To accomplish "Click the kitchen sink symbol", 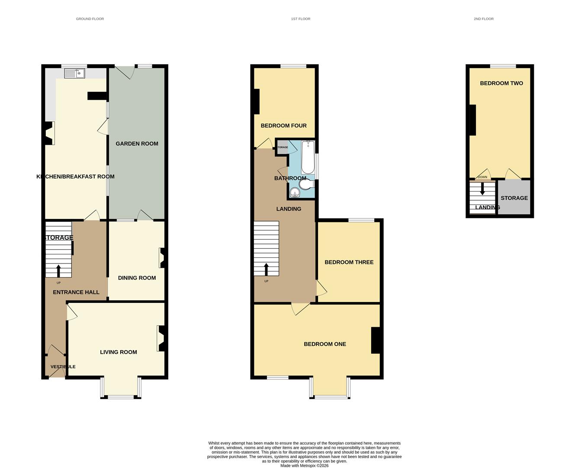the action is click(x=74, y=73).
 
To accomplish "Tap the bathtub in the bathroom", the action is click(x=308, y=157).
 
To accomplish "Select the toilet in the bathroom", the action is click(x=307, y=185).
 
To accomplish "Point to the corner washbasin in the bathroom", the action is click(x=295, y=193).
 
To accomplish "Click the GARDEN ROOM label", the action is click(x=137, y=143).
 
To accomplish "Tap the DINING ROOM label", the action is click(x=137, y=278).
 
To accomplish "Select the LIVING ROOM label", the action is click(x=119, y=352).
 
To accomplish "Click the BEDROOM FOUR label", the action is click(x=283, y=125).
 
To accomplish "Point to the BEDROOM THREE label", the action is click(x=349, y=262).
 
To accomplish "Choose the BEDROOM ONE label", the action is click(x=325, y=344).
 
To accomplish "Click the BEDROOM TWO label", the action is click(x=501, y=83).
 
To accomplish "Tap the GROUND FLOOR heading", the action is click(x=90, y=19).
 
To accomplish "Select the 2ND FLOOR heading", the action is click(x=484, y=19).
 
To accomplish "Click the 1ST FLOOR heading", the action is click(x=301, y=19).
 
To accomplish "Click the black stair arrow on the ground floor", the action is click(x=58, y=271).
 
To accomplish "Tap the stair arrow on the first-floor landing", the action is click(x=266, y=269).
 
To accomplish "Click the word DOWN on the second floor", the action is click(x=482, y=177).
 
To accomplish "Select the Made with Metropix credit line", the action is click(x=304, y=465).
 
